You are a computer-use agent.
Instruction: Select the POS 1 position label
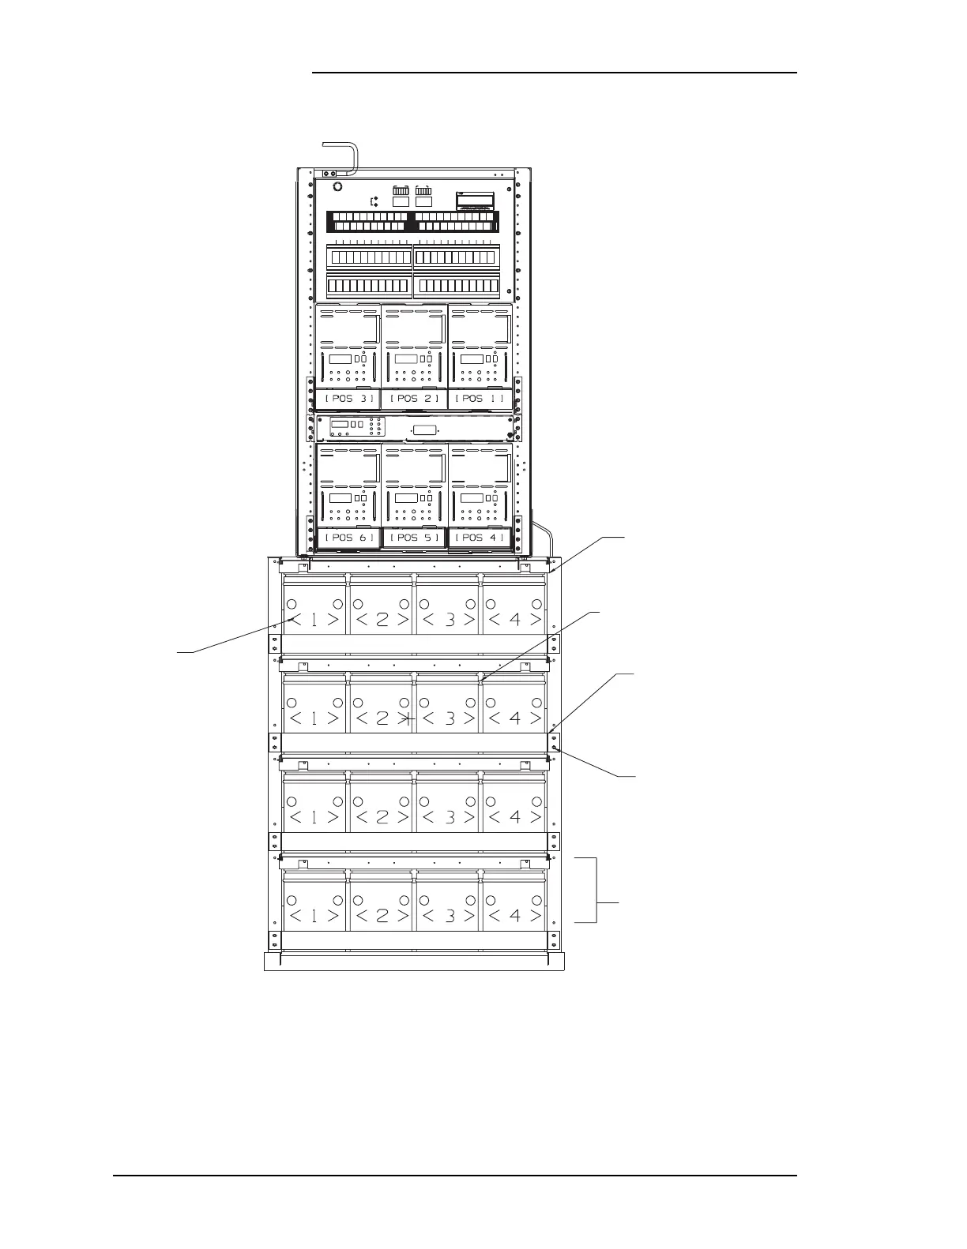[x=480, y=399]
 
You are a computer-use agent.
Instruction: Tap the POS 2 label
[x=414, y=399]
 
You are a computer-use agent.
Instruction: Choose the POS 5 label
[x=414, y=538]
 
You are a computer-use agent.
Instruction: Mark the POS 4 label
[x=480, y=538]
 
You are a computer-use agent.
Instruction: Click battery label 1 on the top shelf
[x=314, y=620]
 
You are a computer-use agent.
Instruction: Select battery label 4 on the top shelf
[x=514, y=620]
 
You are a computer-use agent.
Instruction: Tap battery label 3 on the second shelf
[x=449, y=718]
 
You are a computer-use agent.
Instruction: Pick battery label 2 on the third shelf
[x=382, y=817]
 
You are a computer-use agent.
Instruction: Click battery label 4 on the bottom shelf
[x=514, y=916]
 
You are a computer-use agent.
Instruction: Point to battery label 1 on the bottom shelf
[x=314, y=916]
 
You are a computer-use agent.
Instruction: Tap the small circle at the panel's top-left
[x=337, y=186]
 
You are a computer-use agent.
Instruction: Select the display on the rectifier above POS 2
[x=405, y=360]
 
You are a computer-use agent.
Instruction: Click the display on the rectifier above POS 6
[x=340, y=499]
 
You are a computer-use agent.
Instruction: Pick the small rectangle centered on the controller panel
[x=425, y=429]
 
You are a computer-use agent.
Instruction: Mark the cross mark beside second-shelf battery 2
[x=408, y=719]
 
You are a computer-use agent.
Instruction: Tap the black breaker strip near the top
[x=411, y=221]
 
